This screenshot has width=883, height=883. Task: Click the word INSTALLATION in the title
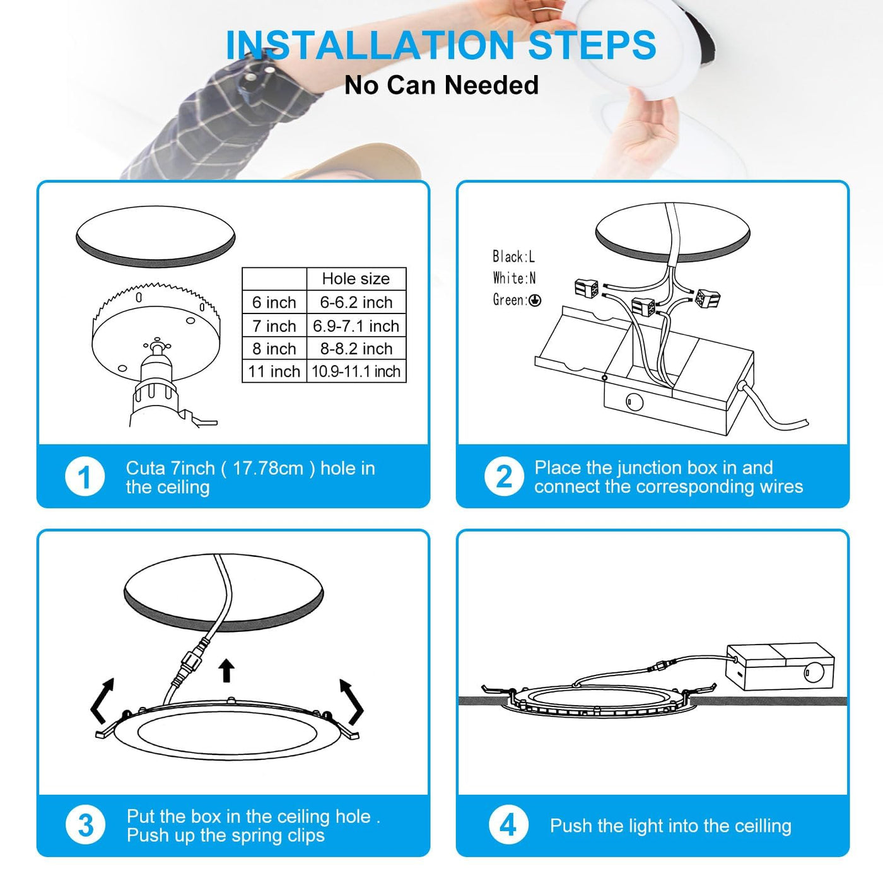point(370,45)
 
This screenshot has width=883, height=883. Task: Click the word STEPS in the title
point(592,45)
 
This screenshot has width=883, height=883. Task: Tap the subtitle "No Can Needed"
point(441,85)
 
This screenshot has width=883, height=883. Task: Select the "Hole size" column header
point(356,279)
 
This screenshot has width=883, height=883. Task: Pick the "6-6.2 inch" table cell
point(356,303)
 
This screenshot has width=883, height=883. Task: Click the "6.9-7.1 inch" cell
point(356,326)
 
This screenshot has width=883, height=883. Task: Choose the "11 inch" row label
point(274,371)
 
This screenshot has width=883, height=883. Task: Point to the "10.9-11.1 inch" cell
point(356,371)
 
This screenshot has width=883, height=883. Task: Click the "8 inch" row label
point(274,349)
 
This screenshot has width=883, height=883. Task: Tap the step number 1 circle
point(85,477)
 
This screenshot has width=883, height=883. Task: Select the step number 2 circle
point(504,477)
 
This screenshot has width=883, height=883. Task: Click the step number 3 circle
point(86,825)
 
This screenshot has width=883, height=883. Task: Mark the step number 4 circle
point(508,825)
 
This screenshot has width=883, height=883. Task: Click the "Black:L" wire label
point(513,257)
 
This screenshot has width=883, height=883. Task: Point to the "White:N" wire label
point(514,278)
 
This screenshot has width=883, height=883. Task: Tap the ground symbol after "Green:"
point(535,300)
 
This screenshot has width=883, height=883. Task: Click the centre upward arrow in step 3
point(226,671)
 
